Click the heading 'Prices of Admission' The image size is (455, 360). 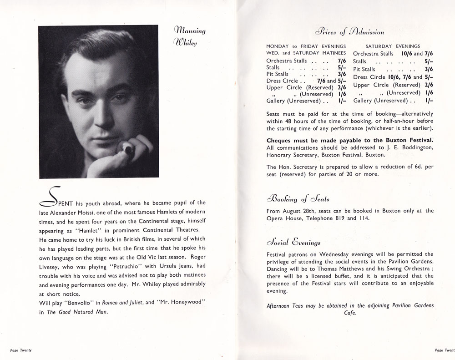(x=345, y=32)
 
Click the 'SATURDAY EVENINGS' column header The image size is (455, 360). (x=393, y=46)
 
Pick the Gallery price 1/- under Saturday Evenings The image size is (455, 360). (x=429, y=101)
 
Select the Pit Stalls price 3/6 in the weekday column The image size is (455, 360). (x=341, y=74)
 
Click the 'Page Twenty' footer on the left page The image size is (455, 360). (x=20, y=350)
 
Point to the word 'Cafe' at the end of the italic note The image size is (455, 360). (x=350, y=313)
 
